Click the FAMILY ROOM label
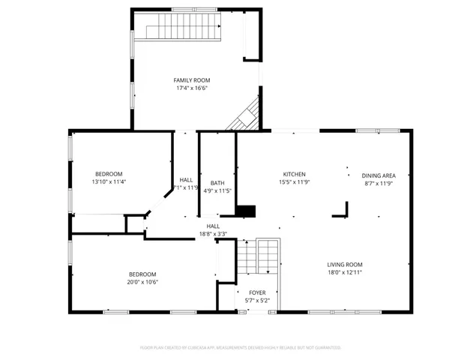click(191, 80)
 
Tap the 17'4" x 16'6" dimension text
click(191, 88)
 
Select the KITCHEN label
click(294, 174)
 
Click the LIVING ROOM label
click(344, 264)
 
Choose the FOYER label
click(257, 292)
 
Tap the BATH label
click(217, 182)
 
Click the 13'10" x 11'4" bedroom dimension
click(109, 181)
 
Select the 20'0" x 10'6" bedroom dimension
click(142, 282)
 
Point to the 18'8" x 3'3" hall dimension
click(213, 234)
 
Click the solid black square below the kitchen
click(245, 211)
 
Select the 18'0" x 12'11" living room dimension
click(344, 272)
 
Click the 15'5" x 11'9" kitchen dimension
click(294, 182)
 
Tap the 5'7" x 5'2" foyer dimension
click(257, 301)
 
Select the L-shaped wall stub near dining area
click(343, 210)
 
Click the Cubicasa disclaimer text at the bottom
click(240, 347)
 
